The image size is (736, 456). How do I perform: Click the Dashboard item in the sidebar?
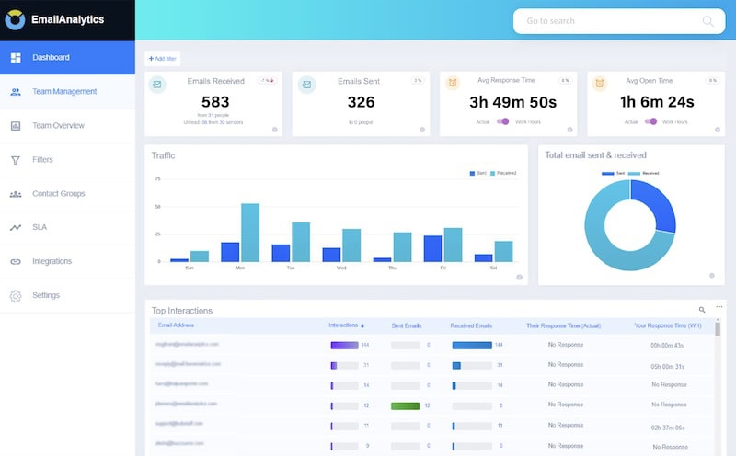coord(51,58)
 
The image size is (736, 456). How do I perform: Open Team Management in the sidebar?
coord(63,92)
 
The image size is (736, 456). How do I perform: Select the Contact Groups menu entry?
coord(58,194)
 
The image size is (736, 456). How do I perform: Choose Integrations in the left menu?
coord(52,262)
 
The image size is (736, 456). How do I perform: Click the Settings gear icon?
coord(16,296)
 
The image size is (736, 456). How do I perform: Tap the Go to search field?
coord(607,21)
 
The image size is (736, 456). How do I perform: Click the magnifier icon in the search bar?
coord(707,21)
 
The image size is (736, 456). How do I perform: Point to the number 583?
coord(214,102)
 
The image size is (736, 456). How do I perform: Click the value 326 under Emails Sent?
coord(361,102)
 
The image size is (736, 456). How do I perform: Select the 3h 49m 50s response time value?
coord(508,102)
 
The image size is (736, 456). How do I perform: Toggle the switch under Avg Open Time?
coord(651,121)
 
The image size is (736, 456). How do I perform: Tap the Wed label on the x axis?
coord(341,268)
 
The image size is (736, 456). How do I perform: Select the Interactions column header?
coord(345,325)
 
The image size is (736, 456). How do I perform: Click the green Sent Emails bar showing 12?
coord(405,405)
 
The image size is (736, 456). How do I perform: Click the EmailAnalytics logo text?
coord(67,19)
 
